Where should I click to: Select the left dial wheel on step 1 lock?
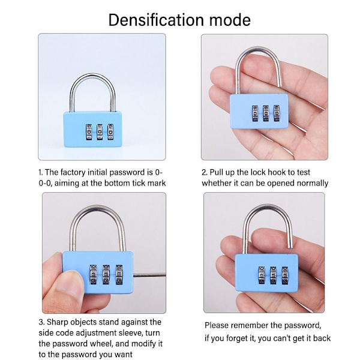tap(89, 132)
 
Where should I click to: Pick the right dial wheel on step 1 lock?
tap(110, 132)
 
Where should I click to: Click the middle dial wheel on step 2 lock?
tap(266, 113)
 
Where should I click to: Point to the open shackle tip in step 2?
tap(280, 85)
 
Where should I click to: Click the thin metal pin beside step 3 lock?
tap(149, 275)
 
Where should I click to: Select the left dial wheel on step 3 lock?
tap(93, 275)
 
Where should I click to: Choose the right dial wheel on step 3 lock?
tap(119, 275)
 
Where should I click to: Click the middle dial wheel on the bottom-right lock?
tap(273, 275)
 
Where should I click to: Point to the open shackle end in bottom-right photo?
tap(290, 247)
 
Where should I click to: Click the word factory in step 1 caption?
tap(73, 172)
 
